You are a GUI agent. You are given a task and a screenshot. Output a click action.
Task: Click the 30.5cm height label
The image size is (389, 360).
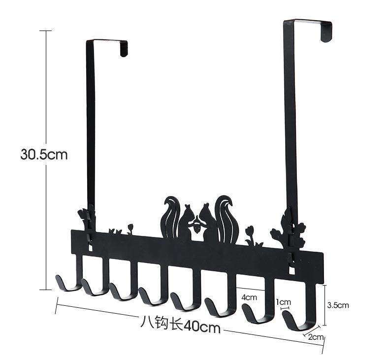(44, 154)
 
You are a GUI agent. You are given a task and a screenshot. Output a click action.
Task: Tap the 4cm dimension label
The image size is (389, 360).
(249, 297)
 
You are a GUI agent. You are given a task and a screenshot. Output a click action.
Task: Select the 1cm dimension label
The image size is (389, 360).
(283, 302)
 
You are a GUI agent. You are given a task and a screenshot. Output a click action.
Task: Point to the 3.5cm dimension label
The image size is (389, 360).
(338, 305)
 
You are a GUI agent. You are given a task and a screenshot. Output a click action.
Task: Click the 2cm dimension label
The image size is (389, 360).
(316, 337)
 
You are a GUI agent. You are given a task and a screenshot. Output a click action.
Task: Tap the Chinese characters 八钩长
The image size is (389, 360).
(162, 322)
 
